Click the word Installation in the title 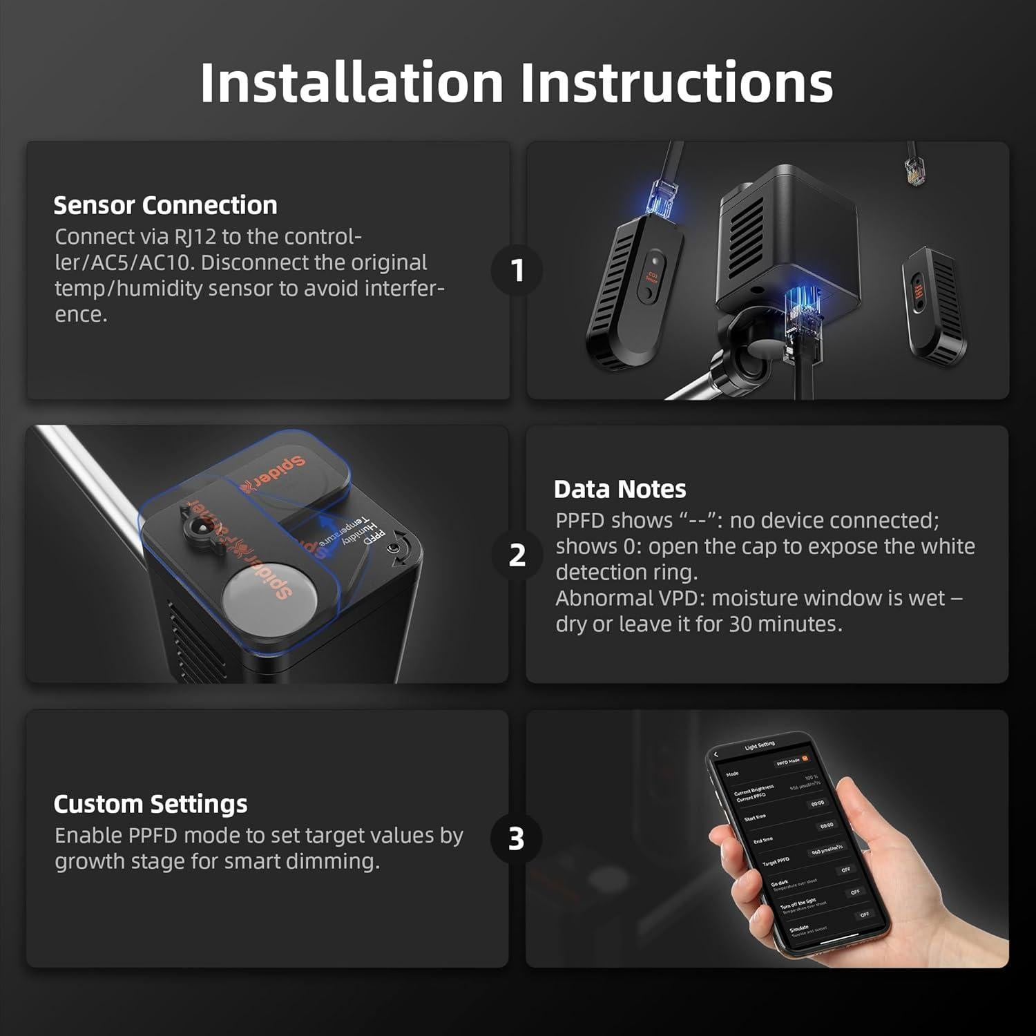352,83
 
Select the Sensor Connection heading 165,205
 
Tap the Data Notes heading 620,489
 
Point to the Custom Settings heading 150,804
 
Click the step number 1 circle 517,270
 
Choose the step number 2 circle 517,555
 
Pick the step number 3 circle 516,838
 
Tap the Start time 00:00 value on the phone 817,804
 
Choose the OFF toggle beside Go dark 845,870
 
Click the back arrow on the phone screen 716,755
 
